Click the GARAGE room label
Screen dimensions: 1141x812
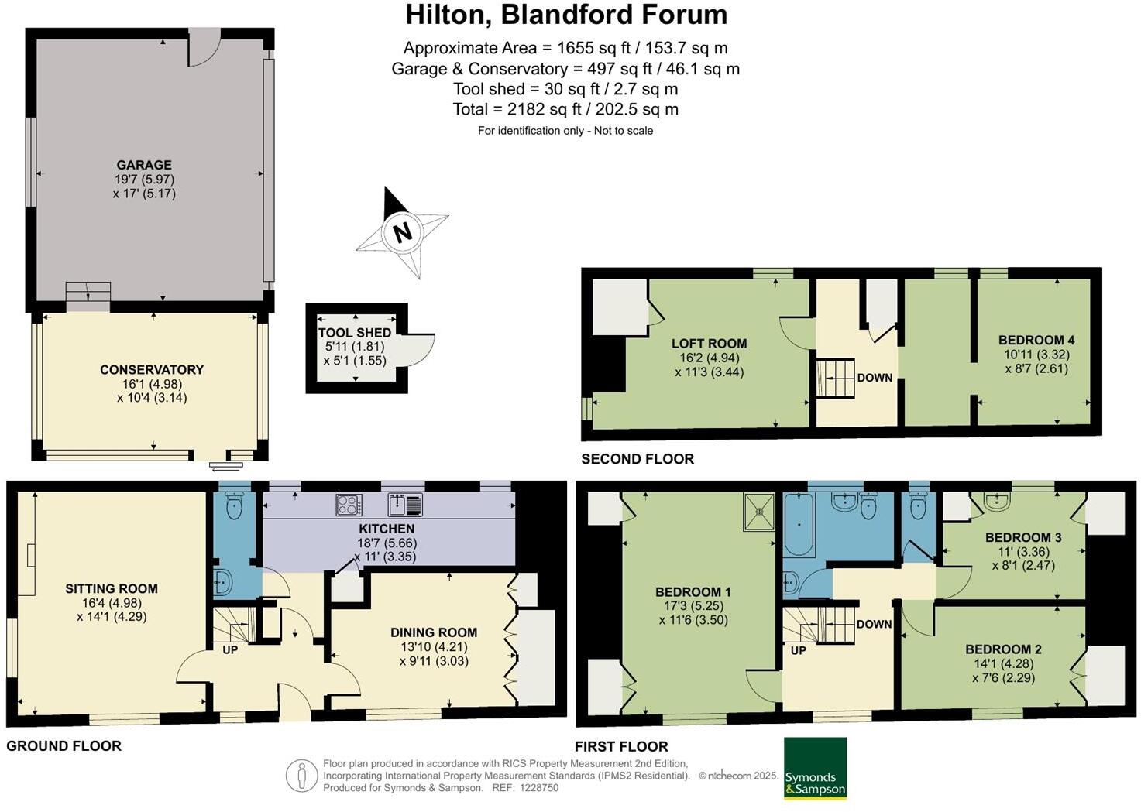(144, 165)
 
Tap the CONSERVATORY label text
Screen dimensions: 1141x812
(152, 369)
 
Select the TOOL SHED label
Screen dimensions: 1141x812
(355, 333)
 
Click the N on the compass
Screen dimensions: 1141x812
(402, 233)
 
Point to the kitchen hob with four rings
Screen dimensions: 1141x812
(349, 505)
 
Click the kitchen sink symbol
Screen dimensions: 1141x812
(405, 505)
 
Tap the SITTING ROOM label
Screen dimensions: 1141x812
(112, 589)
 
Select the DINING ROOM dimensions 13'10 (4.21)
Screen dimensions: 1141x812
(434, 646)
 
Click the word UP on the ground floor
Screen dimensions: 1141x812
(230, 650)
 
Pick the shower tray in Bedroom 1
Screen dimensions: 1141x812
(759, 511)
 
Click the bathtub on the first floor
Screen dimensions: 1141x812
(799, 524)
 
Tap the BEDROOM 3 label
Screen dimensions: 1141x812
(1023, 538)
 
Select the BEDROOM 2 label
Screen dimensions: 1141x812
(1003, 649)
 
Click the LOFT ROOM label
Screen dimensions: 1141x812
(709, 344)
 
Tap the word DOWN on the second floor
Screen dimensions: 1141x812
(875, 378)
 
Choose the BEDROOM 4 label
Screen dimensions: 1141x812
(1036, 340)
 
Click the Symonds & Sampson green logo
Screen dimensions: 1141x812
(815, 768)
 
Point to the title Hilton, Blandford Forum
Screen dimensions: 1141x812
(566, 15)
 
